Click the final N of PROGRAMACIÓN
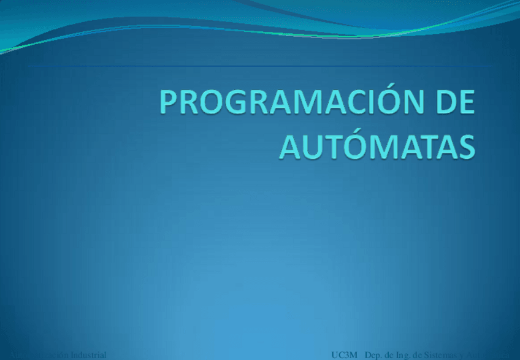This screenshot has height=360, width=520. point(411,104)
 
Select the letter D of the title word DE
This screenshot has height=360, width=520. point(443,104)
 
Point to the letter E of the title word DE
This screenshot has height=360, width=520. point(465,104)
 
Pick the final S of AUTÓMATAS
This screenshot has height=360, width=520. point(465,147)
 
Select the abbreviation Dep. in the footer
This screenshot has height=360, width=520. point(373,355)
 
